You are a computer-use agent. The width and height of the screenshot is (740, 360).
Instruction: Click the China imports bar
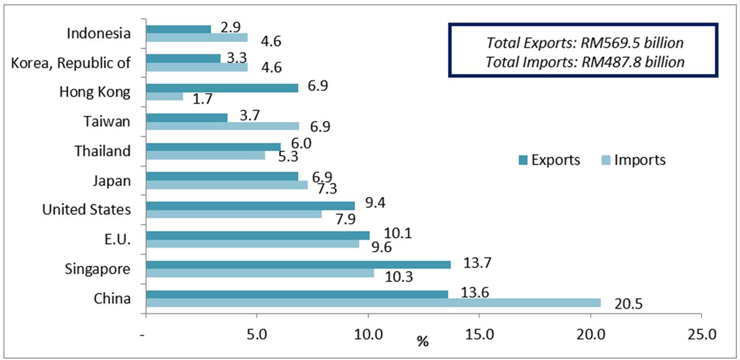click(x=373, y=303)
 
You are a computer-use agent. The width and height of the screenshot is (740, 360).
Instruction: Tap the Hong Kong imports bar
click(x=164, y=96)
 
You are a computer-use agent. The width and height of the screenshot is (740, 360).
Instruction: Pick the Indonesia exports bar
click(x=178, y=29)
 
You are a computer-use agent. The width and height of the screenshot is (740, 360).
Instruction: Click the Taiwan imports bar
click(x=222, y=126)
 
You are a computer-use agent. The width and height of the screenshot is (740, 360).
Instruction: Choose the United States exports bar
click(x=250, y=206)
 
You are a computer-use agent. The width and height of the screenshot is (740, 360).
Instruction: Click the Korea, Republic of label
click(x=71, y=63)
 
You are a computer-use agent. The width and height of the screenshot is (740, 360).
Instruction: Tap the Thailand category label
click(x=102, y=151)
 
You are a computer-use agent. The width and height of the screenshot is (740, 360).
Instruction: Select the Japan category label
click(x=111, y=181)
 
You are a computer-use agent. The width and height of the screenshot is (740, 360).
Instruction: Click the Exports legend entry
click(x=549, y=160)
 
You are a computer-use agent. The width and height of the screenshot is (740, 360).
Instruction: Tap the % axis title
click(x=423, y=341)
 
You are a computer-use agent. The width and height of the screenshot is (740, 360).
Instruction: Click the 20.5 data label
click(x=629, y=303)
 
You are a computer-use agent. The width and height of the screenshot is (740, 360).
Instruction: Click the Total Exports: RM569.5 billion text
click(x=585, y=43)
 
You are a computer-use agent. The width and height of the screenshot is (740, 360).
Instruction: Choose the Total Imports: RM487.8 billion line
click(x=585, y=62)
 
